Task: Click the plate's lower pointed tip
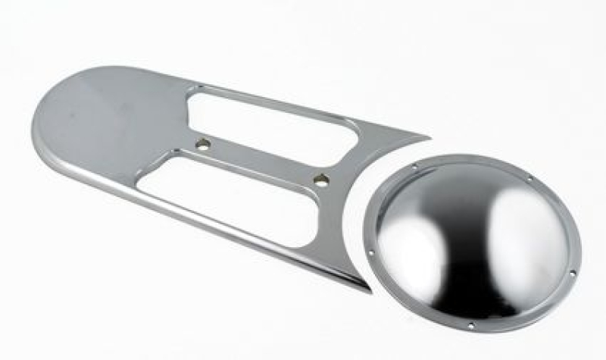(x=367, y=290)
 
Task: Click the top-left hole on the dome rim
(x=414, y=164)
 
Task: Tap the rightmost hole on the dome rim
(x=573, y=272)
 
